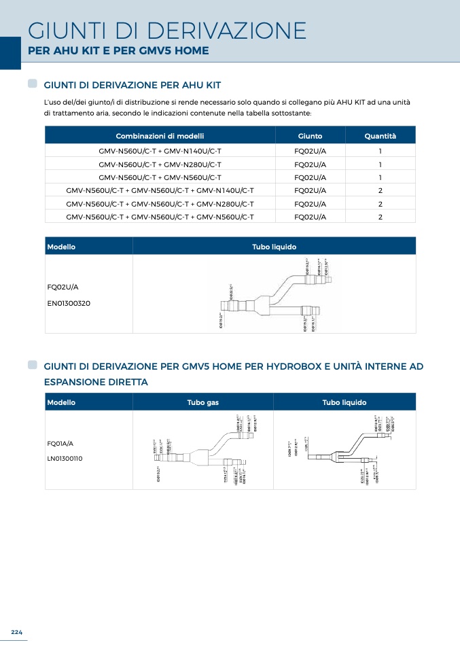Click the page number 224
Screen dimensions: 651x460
point(16,633)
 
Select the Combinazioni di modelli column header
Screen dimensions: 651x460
point(160,136)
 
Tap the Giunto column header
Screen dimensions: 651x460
point(310,136)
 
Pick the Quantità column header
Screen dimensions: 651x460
point(380,136)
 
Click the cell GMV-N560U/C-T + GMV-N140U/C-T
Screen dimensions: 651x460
point(160,152)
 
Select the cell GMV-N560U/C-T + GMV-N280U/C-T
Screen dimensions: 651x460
point(160,164)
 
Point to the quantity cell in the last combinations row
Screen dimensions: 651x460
point(380,217)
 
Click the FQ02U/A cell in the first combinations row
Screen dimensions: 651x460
point(310,152)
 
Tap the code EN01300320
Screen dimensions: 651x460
point(69,303)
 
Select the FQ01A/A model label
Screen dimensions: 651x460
point(60,443)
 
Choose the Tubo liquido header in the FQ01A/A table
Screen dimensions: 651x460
point(344,403)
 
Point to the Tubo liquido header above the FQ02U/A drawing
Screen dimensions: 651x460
point(274,247)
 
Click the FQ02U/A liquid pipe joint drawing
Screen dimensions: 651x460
point(274,294)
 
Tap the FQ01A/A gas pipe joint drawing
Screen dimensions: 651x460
point(204,450)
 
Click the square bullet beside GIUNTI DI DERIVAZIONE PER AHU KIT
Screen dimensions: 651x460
point(33,84)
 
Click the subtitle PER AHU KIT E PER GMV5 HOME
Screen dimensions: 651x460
point(118,51)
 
